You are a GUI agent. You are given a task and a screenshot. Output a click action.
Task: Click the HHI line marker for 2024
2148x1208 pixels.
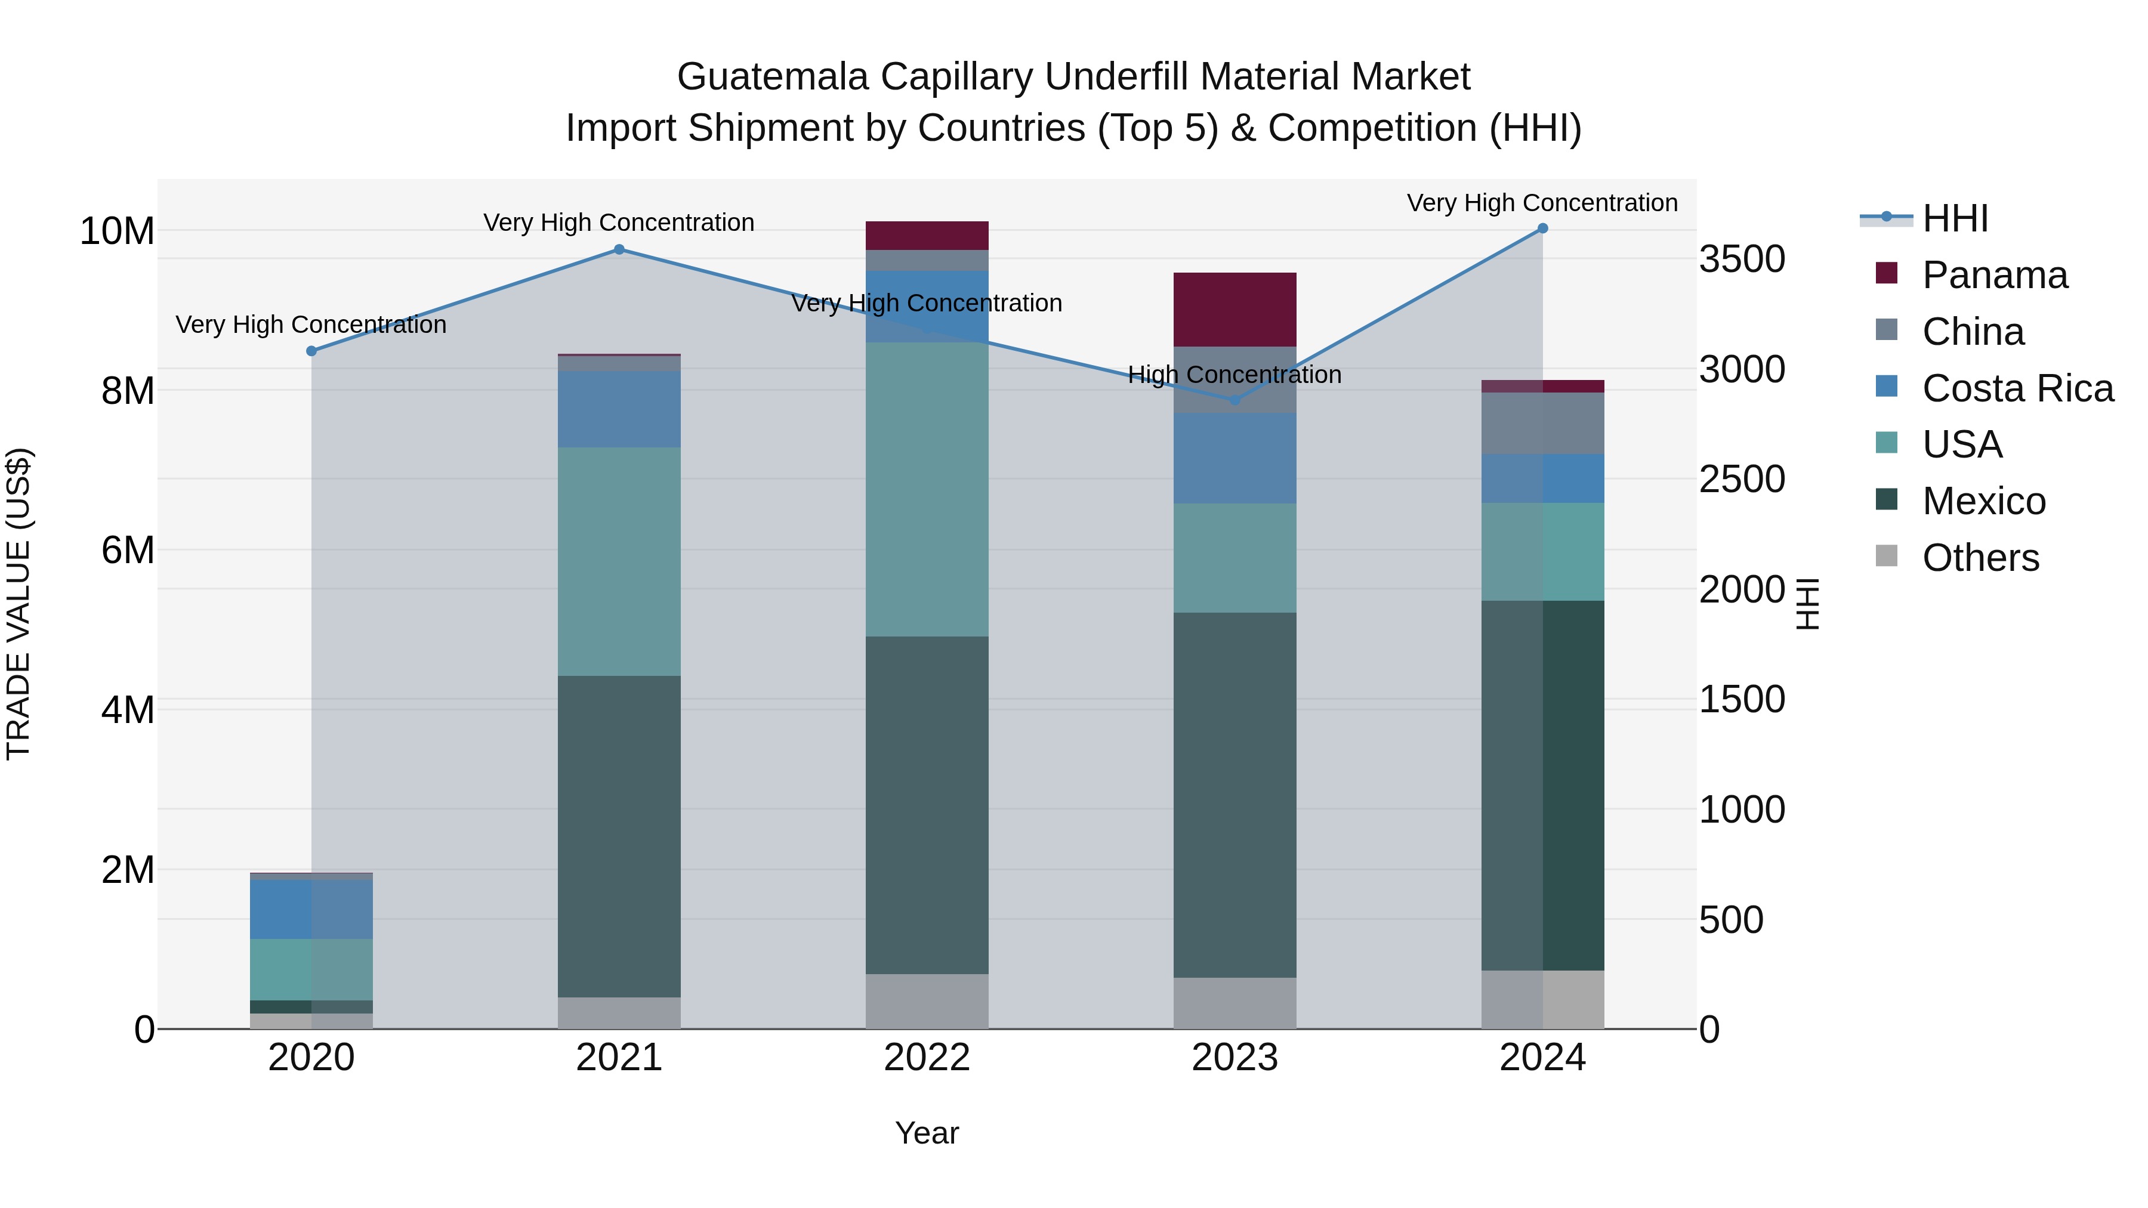coord(1542,228)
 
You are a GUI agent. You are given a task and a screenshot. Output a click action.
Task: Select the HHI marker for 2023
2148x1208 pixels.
coord(1235,400)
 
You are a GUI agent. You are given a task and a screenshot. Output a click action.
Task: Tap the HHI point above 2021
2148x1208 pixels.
coord(619,249)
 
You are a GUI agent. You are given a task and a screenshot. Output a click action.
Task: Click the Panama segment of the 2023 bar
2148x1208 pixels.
coord(1235,309)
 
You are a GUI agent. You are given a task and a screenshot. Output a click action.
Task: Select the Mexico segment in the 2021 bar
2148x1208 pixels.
coord(619,836)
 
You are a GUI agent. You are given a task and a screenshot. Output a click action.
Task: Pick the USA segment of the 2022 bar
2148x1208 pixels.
coord(927,489)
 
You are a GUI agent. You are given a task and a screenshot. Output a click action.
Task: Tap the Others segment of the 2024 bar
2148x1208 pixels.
coord(1542,1000)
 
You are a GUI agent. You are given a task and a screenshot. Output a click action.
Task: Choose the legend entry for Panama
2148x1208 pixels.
coord(1993,275)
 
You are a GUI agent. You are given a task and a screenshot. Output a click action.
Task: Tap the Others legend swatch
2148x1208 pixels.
coord(1886,556)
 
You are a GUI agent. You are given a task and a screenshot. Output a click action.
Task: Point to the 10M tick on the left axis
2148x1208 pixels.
coord(117,231)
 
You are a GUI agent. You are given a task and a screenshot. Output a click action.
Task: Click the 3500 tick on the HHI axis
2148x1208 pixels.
coord(1742,259)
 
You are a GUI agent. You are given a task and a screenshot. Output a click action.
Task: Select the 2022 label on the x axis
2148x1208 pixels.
coord(927,1058)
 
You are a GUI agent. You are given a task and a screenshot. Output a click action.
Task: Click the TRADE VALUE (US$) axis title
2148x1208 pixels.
coord(18,604)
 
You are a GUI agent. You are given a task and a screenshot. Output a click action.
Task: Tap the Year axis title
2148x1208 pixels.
coord(927,1133)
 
